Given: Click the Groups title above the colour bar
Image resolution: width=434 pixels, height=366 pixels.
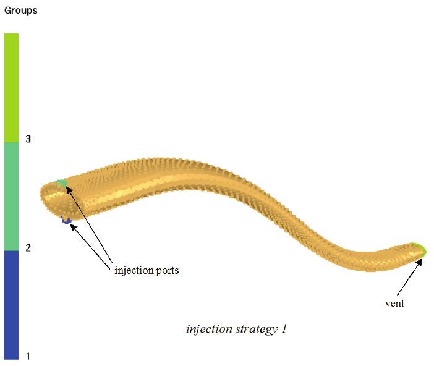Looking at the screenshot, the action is click(21, 11).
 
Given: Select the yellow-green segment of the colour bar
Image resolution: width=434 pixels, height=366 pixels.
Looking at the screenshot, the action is click(11, 87).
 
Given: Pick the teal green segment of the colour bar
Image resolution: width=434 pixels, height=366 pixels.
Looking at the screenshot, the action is click(11, 196).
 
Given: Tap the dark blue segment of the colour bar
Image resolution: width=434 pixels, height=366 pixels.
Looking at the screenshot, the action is click(11, 304).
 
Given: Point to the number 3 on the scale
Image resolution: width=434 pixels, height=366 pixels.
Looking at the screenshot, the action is click(28, 139).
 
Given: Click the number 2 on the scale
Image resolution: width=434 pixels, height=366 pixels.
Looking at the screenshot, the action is click(28, 248).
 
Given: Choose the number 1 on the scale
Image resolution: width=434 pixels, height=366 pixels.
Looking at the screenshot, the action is click(28, 356).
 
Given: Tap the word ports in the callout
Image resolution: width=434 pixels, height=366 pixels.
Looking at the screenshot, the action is click(168, 271).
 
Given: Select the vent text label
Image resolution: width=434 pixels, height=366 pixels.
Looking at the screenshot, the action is click(394, 304).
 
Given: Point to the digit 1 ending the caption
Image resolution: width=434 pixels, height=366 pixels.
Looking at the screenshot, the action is click(284, 329).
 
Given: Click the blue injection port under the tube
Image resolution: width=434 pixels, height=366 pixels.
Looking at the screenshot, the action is click(66, 219).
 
